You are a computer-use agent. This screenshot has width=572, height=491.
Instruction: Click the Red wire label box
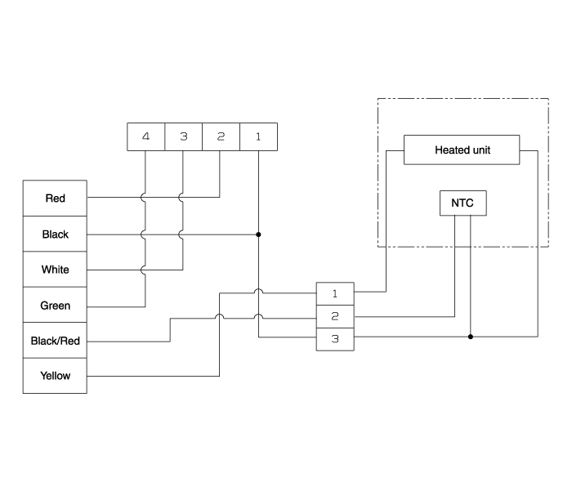55,199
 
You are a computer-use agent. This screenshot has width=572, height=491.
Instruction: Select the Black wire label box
55,234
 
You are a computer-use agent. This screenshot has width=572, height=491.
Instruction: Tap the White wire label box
55,270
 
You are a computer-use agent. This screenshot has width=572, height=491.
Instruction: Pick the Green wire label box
55,306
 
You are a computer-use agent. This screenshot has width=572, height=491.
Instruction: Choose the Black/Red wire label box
55,341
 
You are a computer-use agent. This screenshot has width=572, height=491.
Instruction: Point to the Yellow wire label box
55,376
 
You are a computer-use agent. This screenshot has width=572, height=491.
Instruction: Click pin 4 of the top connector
145,136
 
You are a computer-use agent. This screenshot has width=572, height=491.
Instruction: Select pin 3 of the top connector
183,136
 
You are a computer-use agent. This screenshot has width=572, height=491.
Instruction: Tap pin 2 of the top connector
221,136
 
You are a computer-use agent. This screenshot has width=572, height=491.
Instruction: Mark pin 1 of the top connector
258,136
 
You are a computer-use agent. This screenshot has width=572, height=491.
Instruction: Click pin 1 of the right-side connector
335,292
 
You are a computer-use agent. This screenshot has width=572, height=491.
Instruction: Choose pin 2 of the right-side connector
335,315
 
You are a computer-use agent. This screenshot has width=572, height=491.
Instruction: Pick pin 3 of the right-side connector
335,338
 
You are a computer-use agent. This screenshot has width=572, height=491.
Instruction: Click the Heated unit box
462,150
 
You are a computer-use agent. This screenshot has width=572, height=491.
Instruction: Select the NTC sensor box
463,203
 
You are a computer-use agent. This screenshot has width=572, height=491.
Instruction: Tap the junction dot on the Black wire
258,234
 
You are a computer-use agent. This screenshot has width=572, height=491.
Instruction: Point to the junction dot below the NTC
470,336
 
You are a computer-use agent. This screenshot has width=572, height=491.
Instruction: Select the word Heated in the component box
451,150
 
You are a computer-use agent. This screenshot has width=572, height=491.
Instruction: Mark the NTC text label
463,203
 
